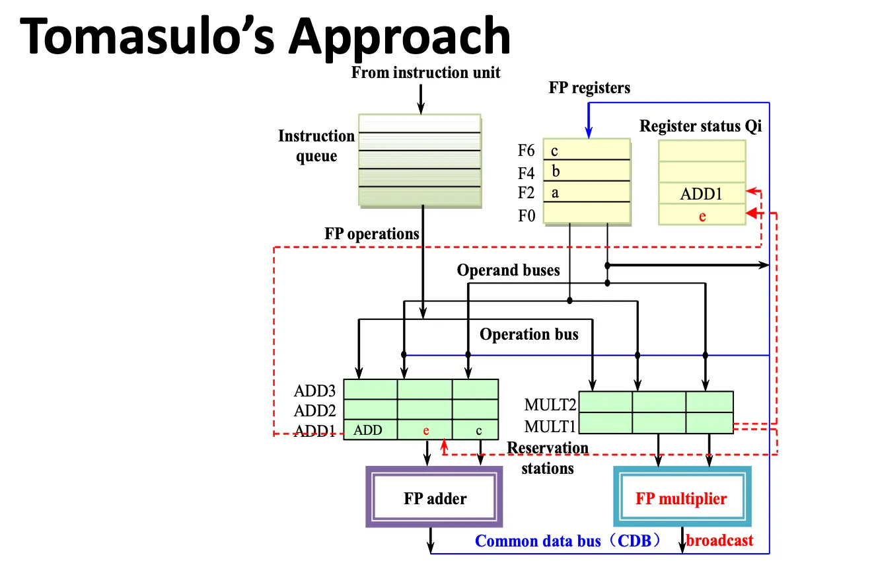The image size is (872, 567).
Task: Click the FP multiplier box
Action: coord(681,498)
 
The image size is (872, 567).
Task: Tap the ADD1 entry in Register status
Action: coord(702,194)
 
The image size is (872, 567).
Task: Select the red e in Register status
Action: coord(702,215)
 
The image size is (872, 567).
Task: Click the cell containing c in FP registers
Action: coord(586,151)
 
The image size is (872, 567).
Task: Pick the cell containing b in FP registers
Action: coord(586,172)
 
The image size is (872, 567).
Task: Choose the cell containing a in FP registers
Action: coord(586,193)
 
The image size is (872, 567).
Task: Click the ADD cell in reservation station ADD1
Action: coord(369,430)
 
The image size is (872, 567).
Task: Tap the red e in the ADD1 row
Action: coord(426,430)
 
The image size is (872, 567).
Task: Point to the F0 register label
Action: coord(527,215)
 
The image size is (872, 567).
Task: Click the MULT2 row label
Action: coord(550,404)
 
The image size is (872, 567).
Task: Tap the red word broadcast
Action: coord(719,541)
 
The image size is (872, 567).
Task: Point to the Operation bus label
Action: coord(528,334)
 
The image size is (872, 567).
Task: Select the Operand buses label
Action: coord(508,270)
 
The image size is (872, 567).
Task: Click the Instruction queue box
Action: coord(419,159)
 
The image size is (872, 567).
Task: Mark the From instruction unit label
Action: coord(425,73)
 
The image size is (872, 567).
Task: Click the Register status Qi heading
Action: coord(700,126)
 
